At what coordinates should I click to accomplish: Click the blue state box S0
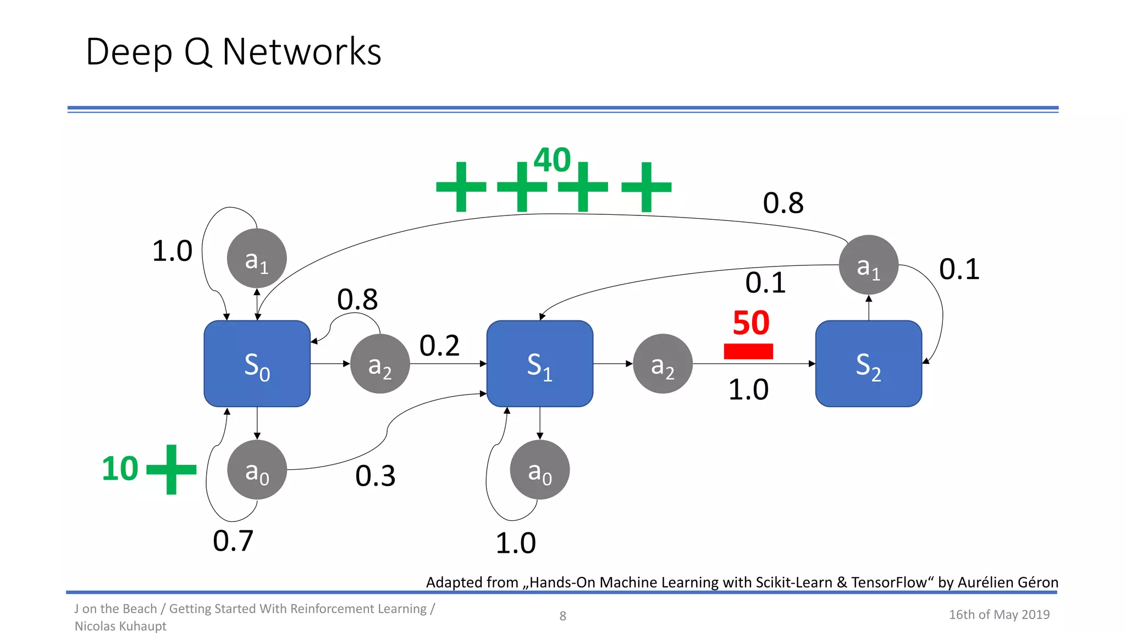point(257,364)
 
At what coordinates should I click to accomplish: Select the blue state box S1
point(539,364)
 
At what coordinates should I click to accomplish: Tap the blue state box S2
point(868,364)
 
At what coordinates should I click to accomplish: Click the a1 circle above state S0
point(257,258)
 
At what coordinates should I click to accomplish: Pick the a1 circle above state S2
point(868,265)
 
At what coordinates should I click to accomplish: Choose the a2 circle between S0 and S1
point(380,364)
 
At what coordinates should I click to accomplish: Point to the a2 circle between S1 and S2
point(663,364)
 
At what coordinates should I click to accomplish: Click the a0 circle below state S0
point(257,470)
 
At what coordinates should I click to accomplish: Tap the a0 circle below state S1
point(539,470)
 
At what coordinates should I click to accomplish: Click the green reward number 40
point(552,160)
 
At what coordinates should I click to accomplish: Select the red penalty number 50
point(751,323)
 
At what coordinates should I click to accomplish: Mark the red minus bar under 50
point(748,351)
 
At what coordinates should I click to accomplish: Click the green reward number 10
point(120,469)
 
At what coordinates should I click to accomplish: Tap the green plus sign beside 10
point(172,469)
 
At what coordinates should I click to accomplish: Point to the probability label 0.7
point(233,541)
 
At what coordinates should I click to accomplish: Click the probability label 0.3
point(376,476)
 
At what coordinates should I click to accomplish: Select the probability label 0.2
point(439,346)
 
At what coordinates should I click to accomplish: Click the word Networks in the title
point(301,52)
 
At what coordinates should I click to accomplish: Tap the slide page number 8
point(562,616)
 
